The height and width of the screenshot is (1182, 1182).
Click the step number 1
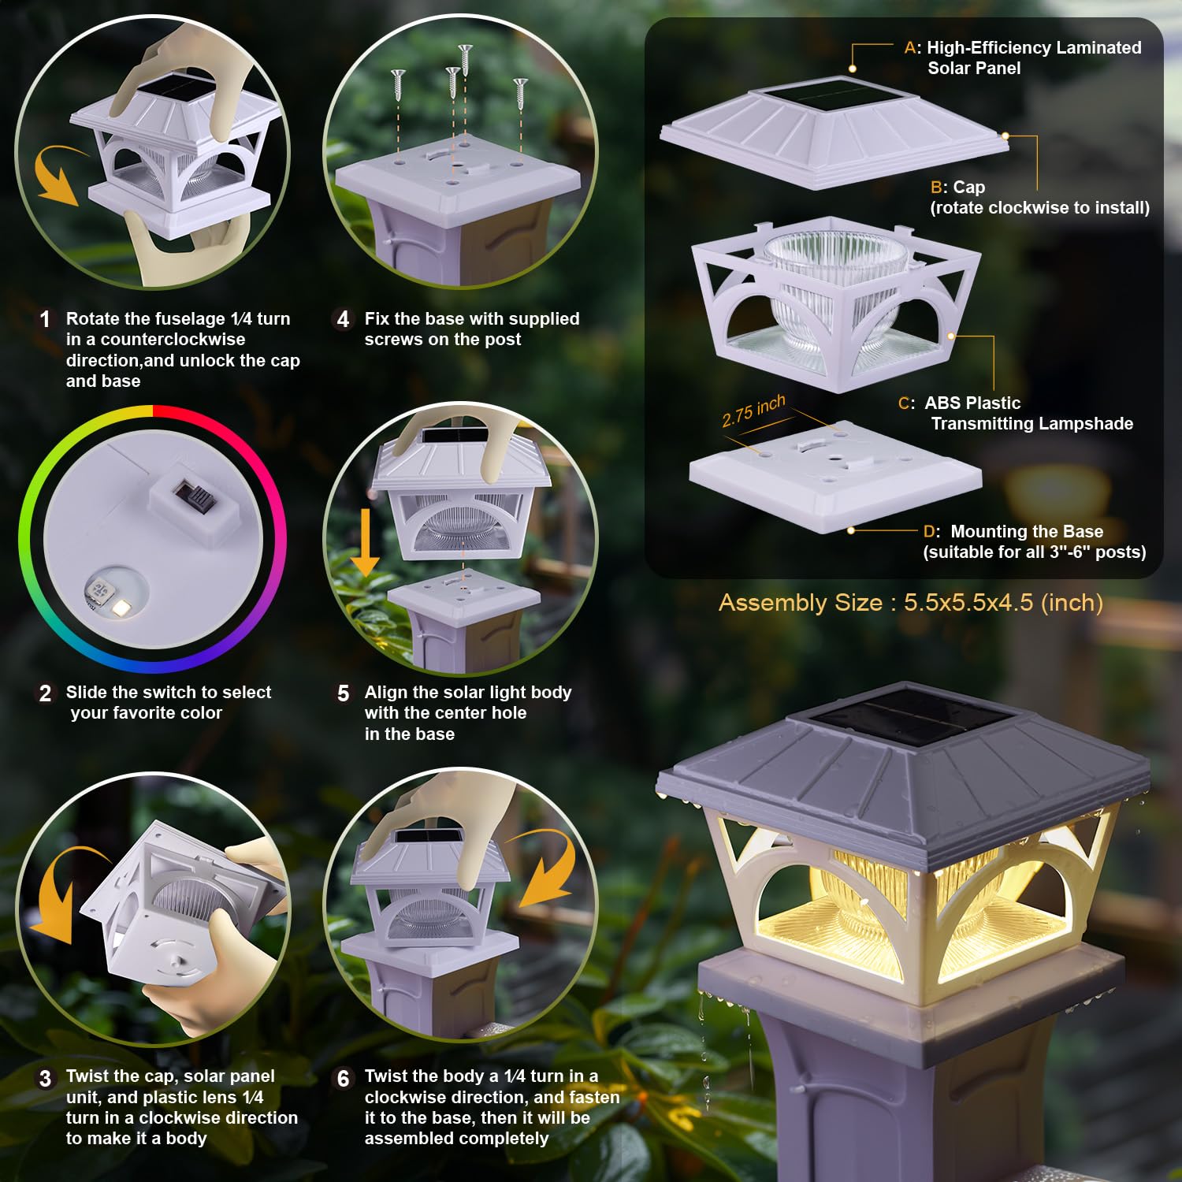click(x=45, y=319)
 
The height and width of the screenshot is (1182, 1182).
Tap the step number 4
click(x=343, y=319)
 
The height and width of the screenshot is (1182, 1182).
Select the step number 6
click(x=343, y=1078)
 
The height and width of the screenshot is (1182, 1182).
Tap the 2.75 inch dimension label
click(x=753, y=411)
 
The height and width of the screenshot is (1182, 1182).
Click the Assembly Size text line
click(x=910, y=603)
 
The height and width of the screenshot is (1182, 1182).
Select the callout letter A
click(x=910, y=48)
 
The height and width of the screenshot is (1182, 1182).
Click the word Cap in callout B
click(x=968, y=188)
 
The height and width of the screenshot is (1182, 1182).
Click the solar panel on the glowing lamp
click(x=913, y=723)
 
